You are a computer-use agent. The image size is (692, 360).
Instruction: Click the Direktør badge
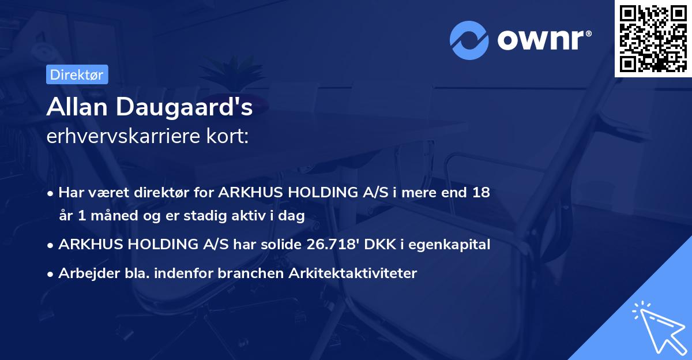coord(77,74)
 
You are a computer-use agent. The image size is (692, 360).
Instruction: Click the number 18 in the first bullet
coord(480,192)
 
